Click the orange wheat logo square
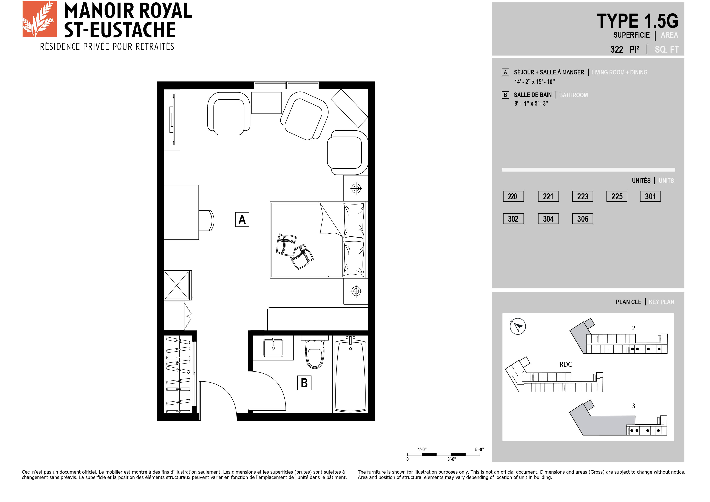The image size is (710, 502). [40, 19]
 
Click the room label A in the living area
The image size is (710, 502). [242, 219]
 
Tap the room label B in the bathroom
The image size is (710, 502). [304, 383]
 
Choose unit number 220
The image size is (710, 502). [513, 196]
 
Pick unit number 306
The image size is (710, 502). [583, 219]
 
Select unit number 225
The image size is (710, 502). [617, 196]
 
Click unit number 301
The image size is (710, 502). [650, 196]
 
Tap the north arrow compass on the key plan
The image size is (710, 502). [518, 326]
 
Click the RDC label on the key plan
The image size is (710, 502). [566, 364]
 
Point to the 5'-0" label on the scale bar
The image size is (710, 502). [479, 450]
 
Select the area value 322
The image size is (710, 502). [617, 49]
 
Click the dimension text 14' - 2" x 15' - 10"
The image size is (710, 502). [534, 82]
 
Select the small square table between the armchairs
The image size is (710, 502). [266, 103]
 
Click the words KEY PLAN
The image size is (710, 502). [661, 302]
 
